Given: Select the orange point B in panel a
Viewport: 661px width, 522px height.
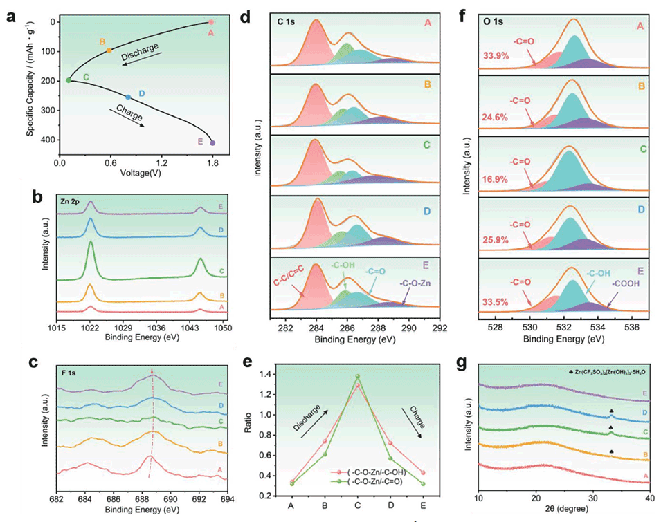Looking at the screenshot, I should (x=109, y=50).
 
